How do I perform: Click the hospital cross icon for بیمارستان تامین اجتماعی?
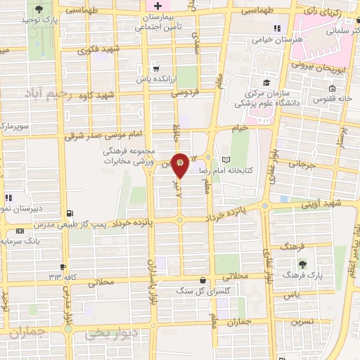158,6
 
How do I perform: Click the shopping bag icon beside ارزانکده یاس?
157,70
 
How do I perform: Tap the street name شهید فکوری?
100,50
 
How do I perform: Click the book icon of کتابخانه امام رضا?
225,159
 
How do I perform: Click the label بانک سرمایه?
35,241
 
